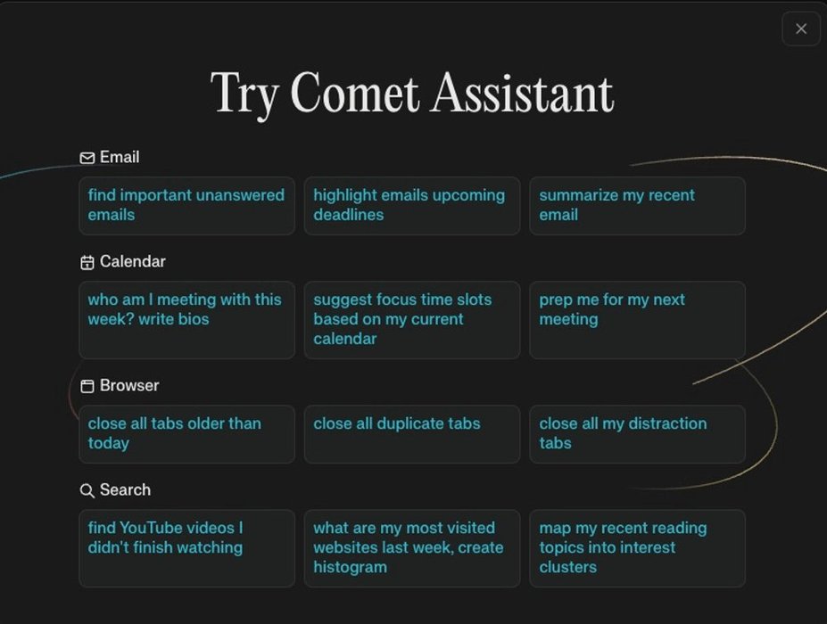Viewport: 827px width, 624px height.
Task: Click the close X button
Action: pos(800,29)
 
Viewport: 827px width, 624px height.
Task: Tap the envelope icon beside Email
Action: pos(87,158)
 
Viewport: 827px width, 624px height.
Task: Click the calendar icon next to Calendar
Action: pos(87,262)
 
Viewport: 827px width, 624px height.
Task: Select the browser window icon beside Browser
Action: pos(87,386)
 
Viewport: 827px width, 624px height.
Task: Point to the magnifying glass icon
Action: pos(87,490)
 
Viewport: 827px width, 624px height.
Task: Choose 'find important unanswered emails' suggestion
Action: pos(186,206)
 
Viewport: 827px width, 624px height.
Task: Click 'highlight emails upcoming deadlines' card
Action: pos(412,206)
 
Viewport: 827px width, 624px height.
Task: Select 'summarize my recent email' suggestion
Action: pos(637,206)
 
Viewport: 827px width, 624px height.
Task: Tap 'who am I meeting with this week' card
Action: pos(186,320)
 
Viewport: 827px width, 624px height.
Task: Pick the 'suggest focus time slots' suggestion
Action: pos(412,320)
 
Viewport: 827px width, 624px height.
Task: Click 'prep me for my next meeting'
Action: pos(637,320)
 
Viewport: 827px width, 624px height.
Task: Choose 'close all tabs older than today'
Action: pos(186,434)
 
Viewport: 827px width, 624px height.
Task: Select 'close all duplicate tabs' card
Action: pos(412,434)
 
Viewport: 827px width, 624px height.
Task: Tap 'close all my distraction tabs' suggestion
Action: pos(637,434)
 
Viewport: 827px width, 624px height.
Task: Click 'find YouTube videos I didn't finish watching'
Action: pos(186,548)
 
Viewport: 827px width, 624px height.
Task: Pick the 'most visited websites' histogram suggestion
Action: pos(412,548)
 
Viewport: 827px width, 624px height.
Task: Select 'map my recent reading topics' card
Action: pos(637,548)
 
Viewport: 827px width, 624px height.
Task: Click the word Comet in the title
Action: pos(354,94)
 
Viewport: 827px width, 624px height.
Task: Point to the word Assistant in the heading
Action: pos(522,94)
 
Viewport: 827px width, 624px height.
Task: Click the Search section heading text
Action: pos(125,489)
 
